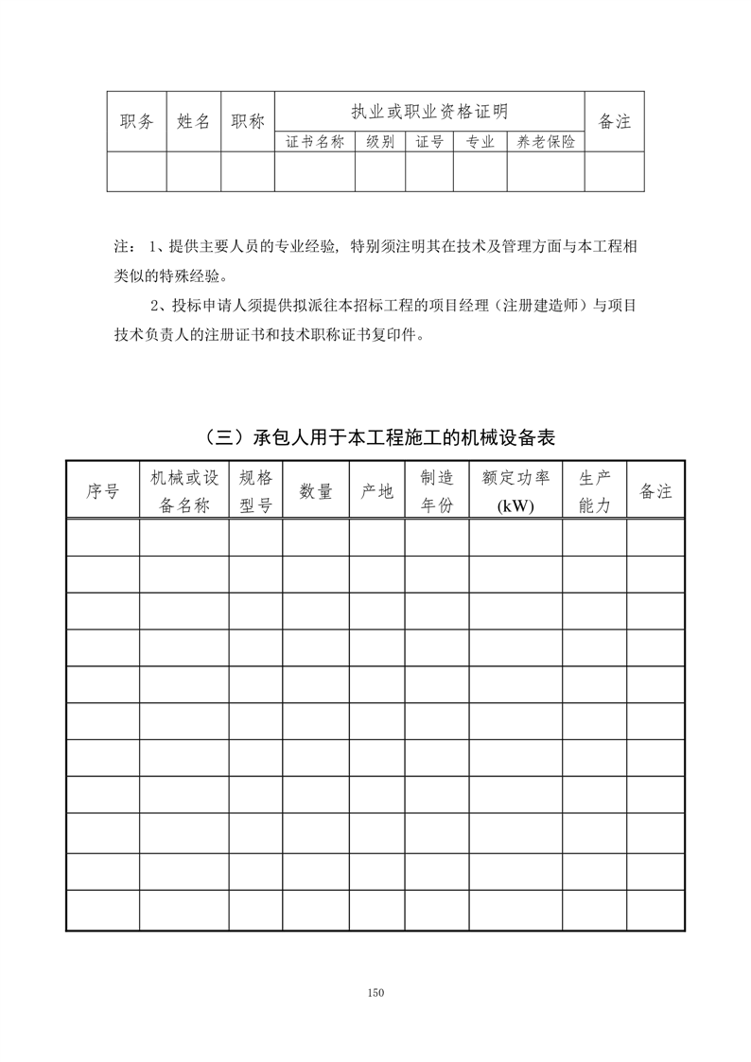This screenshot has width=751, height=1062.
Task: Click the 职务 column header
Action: [x=137, y=121]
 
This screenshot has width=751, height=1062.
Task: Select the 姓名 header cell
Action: [x=194, y=121]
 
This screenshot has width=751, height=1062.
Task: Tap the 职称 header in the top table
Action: [x=248, y=121]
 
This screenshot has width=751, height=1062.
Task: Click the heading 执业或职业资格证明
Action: [x=429, y=112]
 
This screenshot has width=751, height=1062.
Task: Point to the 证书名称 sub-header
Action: [x=315, y=142]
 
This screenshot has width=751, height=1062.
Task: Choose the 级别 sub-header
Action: [x=380, y=142]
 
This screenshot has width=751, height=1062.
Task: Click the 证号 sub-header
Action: [x=429, y=142]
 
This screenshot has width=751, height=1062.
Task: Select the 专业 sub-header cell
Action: [x=480, y=142]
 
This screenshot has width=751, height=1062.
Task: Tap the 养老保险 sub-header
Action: [x=546, y=142]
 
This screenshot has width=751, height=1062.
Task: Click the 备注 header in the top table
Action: [x=615, y=121]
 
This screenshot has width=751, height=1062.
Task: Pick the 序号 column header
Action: [x=102, y=491]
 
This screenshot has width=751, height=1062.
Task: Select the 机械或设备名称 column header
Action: [x=184, y=491]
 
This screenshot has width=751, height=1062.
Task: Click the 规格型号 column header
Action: [x=255, y=491]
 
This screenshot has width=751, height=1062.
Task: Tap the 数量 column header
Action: [x=316, y=491]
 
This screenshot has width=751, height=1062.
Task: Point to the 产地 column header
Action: [x=376, y=491]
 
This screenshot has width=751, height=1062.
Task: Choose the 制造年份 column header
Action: [x=437, y=491]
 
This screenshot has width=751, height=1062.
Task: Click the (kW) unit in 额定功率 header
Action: [x=515, y=505]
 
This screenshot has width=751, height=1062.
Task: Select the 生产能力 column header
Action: [x=595, y=491]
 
